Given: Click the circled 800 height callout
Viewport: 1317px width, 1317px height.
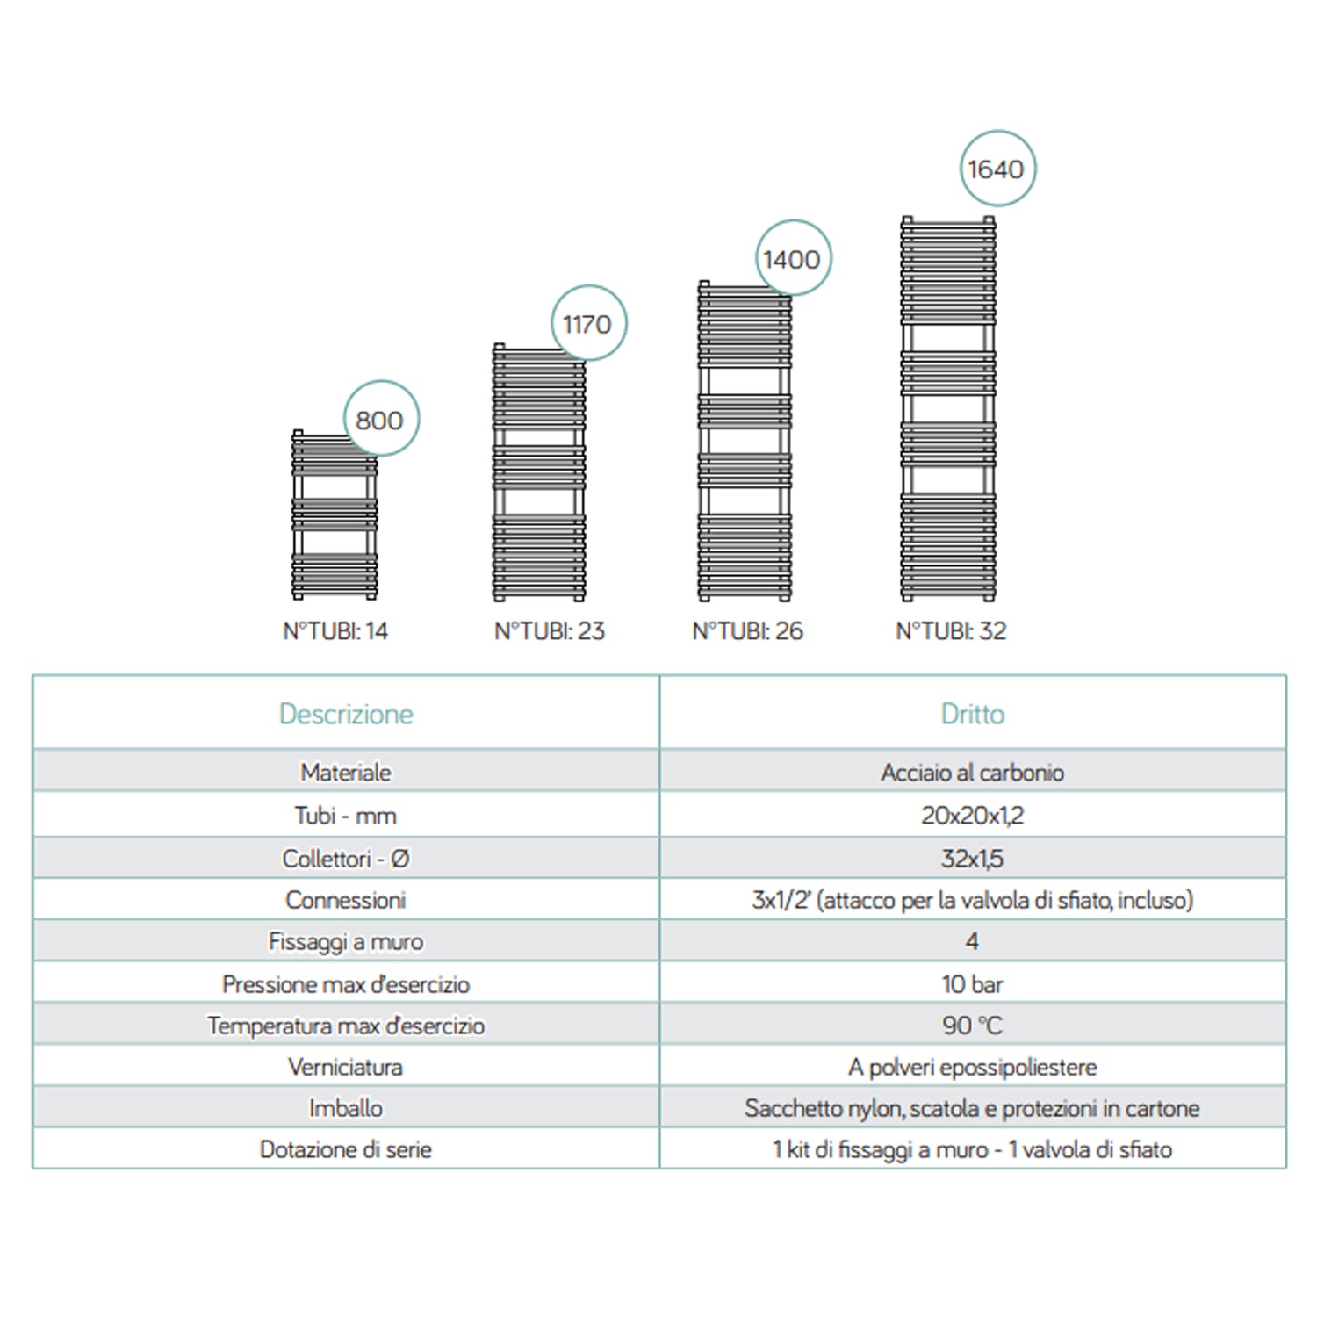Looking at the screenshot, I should point(380,420).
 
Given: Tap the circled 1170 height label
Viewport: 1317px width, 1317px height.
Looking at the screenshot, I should point(587,324).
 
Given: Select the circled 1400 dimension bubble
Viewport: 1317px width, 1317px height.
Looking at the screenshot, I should point(792,259).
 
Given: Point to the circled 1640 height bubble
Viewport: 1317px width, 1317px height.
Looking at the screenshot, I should point(997,169).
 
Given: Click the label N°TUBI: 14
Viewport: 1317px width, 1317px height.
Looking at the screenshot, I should point(335,630).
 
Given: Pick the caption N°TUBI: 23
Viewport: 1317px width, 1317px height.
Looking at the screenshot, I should point(549,630).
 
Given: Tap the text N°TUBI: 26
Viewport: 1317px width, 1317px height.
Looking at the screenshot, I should point(747,630).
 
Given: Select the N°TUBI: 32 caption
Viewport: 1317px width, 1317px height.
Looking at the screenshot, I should point(951,630).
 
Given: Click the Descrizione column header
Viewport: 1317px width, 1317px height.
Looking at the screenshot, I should point(346,714).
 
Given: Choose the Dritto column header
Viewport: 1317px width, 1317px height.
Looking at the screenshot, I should point(972,714).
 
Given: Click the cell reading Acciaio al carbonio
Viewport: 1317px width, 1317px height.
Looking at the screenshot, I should point(972,773).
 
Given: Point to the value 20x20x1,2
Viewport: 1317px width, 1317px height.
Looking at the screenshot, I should point(972,816).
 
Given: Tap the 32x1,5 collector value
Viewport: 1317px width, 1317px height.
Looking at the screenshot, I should point(972,859).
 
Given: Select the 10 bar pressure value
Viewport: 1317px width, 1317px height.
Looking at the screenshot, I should point(972,984).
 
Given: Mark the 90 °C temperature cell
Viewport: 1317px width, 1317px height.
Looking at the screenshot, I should point(972,1026).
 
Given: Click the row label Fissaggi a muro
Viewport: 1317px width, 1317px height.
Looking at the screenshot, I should point(346,942).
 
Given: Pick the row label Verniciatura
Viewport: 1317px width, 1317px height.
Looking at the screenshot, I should point(346,1067).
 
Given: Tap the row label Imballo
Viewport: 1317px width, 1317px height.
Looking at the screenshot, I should point(346,1108).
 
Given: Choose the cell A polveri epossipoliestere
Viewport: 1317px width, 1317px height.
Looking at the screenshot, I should point(972,1067).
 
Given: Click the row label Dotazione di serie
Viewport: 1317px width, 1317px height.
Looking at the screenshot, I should point(346,1149).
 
